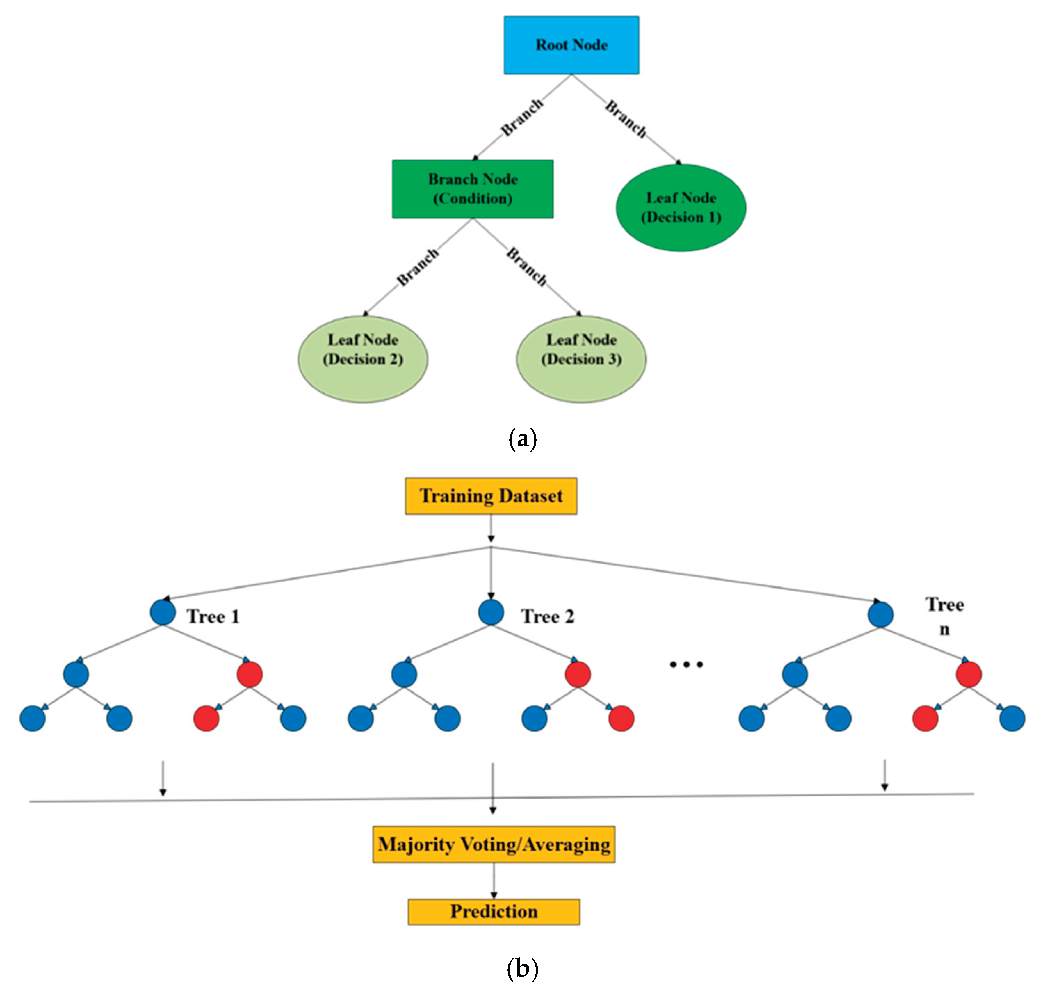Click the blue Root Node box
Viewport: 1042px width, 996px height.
point(571,45)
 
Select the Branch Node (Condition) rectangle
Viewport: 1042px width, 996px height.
point(472,189)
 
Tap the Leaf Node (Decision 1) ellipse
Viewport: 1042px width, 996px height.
point(681,208)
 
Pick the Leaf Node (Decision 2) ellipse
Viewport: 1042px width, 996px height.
point(363,359)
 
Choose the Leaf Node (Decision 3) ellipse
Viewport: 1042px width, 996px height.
point(581,359)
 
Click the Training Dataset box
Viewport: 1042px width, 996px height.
point(491,496)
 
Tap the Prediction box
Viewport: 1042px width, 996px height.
point(494,912)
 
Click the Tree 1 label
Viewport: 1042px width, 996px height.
point(213,617)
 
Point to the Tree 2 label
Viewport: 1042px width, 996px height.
point(547,617)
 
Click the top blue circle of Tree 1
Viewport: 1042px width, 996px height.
point(163,613)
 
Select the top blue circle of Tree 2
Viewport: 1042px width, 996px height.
point(491,613)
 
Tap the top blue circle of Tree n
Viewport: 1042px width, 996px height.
point(880,615)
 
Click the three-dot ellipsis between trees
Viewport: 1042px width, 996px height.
point(686,664)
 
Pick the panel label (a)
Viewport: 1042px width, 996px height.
point(522,440)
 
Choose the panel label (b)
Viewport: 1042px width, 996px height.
point(522,969)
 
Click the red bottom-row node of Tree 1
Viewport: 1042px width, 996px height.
point(206,719)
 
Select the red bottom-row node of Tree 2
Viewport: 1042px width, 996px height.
point(621,719)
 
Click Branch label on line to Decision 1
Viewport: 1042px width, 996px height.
point(626,119)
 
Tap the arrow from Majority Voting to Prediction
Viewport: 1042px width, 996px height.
point(494,880)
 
